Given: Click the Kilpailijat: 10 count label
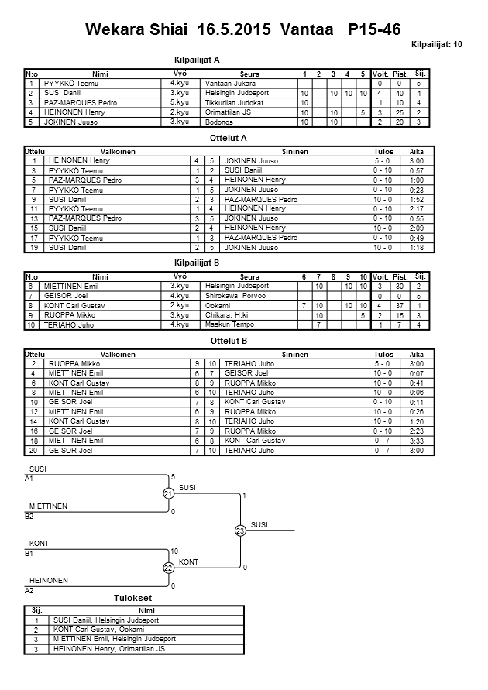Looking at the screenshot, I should click(437, 45).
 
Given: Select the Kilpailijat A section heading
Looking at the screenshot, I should click(198, 59).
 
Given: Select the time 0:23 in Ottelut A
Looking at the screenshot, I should click(416, 190).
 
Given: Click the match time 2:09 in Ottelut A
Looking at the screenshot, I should click(416, 228).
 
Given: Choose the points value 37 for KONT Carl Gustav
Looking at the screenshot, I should click(400, 306).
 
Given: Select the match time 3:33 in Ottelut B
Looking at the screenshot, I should click(416, 440).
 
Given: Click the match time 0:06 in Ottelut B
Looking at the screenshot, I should click(416, 393).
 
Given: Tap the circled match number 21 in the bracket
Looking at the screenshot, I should click(167, 493).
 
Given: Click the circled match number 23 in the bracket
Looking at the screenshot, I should click(240, 530).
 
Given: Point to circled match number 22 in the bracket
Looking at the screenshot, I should click(167, 568).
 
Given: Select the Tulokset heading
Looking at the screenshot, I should click(132, 599).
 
